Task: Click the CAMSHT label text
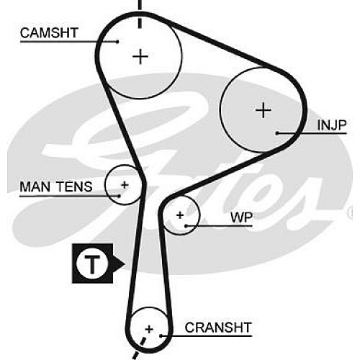[49, 33]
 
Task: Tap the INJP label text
[332, 125]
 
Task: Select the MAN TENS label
[56, 186]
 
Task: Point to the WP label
[241, 217]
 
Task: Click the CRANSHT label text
[218, 328]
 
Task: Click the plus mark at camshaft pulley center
[140, 57]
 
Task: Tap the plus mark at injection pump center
[264, 110]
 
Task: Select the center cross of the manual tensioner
[125, 185]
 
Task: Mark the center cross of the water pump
[180, 215]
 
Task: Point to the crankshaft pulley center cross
[149, 329]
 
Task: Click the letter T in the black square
[92, 264]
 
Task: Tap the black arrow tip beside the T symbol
[125, 264]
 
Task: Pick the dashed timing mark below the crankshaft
[139, 348]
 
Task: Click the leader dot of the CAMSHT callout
[117, 42]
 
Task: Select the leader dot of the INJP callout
[277, 132]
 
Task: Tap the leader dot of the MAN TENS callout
[119, 196]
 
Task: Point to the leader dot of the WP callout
[186, 226]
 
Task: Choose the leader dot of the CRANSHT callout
[161, 336]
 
